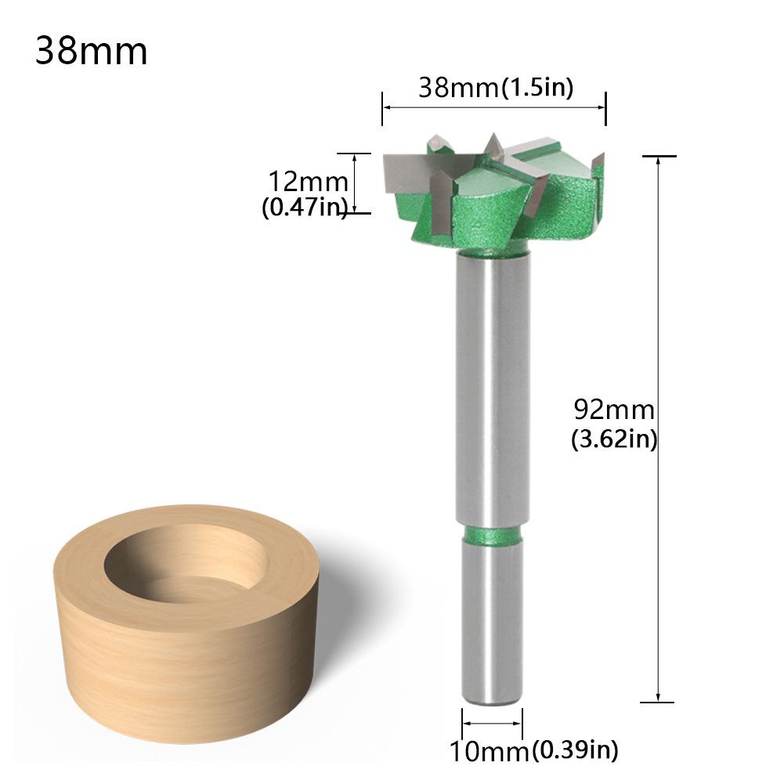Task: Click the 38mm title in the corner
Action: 91,52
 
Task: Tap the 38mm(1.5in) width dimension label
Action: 495,87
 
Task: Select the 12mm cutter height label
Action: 308,182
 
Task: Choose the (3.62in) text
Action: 614,439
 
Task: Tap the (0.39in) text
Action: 575,751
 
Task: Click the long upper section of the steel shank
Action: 493,392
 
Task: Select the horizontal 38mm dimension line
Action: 494,108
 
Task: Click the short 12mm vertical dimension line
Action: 356,182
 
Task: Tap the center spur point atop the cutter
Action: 492,144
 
